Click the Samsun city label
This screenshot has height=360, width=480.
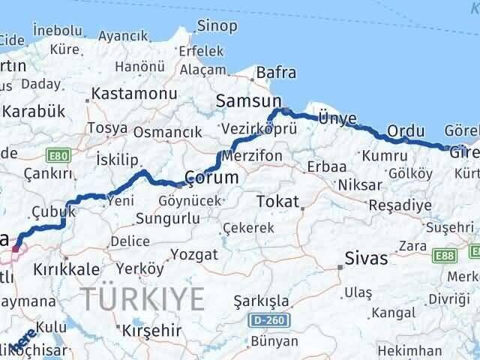click(x=248, y=100)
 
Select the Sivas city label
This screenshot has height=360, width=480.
click(x=367, y=259)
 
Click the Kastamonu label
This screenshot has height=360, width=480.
click(x=133, y=94)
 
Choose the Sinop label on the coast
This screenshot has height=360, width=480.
click(x=217, y=26)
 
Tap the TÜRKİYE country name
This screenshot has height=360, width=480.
click(x=142, y=298)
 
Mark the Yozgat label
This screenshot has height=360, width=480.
click(x=193, y=254)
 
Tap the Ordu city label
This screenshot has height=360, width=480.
click(x=406, y=130)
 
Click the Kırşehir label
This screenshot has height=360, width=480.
click(x=152, y=331)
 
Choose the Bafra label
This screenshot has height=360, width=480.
click(x=276, y=73)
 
